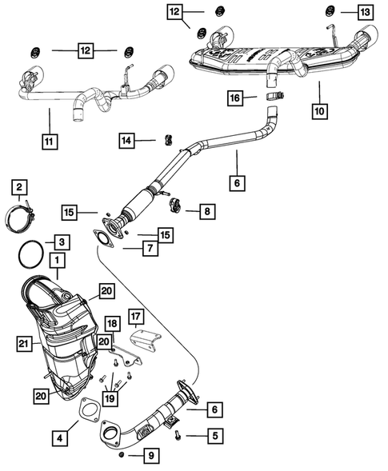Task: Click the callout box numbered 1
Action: tap(58, 260)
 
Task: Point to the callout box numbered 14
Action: tap(126, 141)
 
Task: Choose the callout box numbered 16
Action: tap(234, 98)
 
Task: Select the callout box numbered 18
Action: tap(113, 324)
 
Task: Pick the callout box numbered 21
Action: tap(24, 345)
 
